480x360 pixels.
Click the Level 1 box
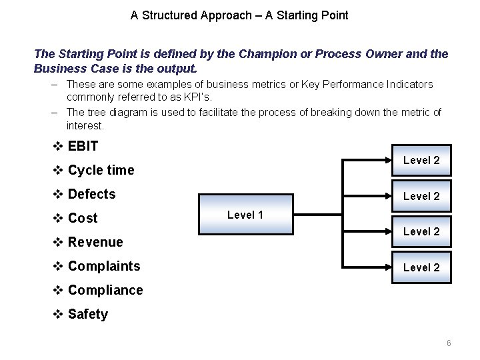click(x=245, y=215)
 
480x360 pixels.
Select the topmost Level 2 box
click(x=421, y=161)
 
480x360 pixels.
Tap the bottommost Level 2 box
click(x=421, y=267)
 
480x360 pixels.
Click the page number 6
click(x=449, y=343)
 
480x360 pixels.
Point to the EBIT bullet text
click(x=83, y=146)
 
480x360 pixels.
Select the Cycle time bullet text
click(x=101, y=170)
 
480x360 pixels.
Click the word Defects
click(x=91, y=194)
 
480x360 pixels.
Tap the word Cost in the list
click(x=83, y=218)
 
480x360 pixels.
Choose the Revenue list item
click(x=95, y=242)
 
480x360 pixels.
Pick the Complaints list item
click(x=104, y=266)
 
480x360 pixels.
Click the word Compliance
click(x=105, y=290)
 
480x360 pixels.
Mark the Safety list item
click(x=87, y=314)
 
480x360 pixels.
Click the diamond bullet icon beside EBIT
click(x=58, y=146)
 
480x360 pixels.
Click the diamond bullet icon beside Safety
click(x=58, y=314)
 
